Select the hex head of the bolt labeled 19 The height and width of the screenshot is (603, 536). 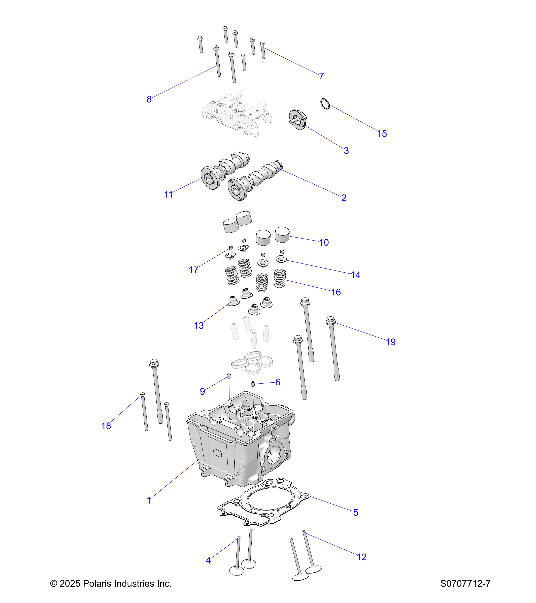coord(330,320)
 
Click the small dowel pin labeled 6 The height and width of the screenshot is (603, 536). coord(253,384)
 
